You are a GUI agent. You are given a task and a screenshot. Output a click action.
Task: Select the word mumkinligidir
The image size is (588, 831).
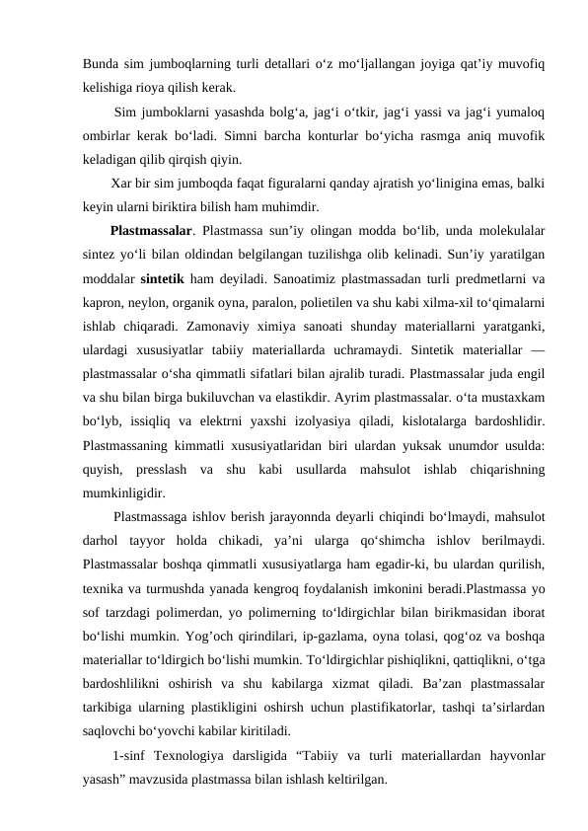click(x=124, y=489)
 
